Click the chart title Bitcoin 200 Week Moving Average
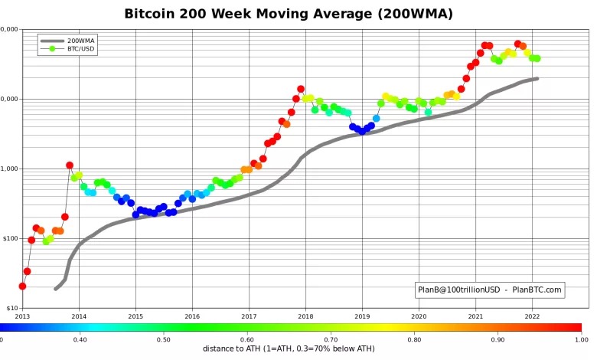click(289, 14)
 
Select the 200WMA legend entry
click(80, 40)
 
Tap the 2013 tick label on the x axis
click(22, 316)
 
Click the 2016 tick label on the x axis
click(192, 316)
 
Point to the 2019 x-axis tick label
click(362, 316)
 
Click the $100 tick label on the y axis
click(11, 238)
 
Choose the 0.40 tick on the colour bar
click(80, 339)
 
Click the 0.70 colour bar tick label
click(331, 339)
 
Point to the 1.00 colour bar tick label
click(581, 339)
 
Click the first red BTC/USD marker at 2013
click(22, 286)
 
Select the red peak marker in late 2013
click(70, 165)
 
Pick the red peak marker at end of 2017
click(301, 89)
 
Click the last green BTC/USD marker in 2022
click(537, 58)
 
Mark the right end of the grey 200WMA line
click(537, 78)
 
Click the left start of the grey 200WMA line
click(55, 289)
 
